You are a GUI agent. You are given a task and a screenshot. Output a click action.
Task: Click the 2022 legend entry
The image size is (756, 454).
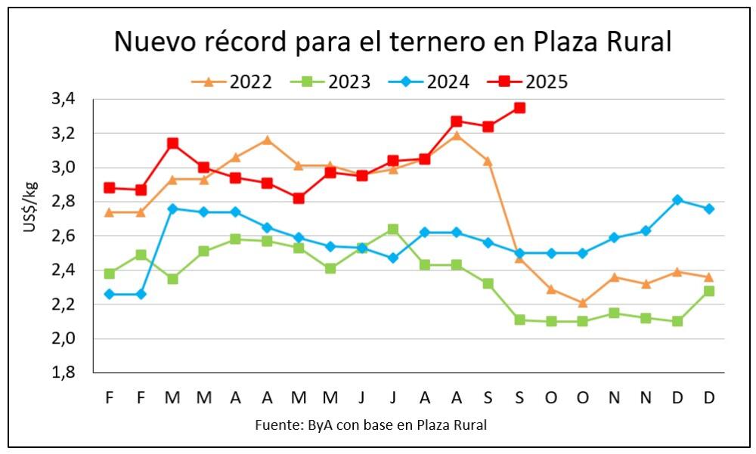click(238, 82)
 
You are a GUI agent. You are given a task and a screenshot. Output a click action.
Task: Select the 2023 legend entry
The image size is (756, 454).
click(337, 82)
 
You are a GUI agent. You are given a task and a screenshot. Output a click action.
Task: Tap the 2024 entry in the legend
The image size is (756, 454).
click(435, 82)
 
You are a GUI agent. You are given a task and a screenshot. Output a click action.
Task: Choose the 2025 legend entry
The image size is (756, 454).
click(534, 82)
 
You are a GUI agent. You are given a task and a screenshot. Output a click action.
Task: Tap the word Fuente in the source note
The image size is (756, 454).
click(277, 425)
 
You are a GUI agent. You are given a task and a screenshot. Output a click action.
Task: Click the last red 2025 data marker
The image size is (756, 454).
click(519, 108)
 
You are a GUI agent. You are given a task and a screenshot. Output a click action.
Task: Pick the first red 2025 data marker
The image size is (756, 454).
click(110, 188)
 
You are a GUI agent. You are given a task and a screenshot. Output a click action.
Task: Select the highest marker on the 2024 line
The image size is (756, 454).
click(677, 200)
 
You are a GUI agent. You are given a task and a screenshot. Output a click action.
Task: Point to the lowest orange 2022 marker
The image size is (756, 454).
click(582, 303)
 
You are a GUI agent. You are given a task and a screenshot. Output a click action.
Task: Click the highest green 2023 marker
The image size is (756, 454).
click(393, 229)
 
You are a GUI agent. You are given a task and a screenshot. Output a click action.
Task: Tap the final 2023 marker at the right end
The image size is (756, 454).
click(709, 291)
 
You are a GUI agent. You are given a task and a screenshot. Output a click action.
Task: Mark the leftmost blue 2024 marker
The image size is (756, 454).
click(110, 294)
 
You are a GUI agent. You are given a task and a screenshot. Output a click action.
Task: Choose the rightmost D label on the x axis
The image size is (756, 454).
click(709, 397)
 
